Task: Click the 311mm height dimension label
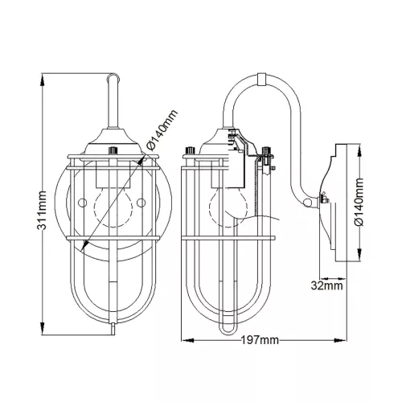(x=42, y=211)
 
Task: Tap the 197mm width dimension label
(x=260, y=340)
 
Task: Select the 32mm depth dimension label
(x=326, y=285)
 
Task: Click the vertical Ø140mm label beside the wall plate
(x=359, y=202)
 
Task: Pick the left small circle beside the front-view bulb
(x=82, y=203)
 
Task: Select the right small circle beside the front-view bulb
(x=142, y=203)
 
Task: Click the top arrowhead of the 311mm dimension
(x=42, y=80)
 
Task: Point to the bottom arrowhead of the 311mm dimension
(x=42, y=328)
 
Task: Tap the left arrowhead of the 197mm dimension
(x=188, y=340)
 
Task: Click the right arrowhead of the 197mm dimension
(x=341, y=340)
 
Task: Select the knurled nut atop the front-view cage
(x=113, y=150)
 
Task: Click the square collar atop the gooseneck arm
(x=261, y=79)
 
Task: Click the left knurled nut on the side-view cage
(x=191, y=150)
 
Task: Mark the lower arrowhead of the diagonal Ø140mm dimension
(x=85, y=244)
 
